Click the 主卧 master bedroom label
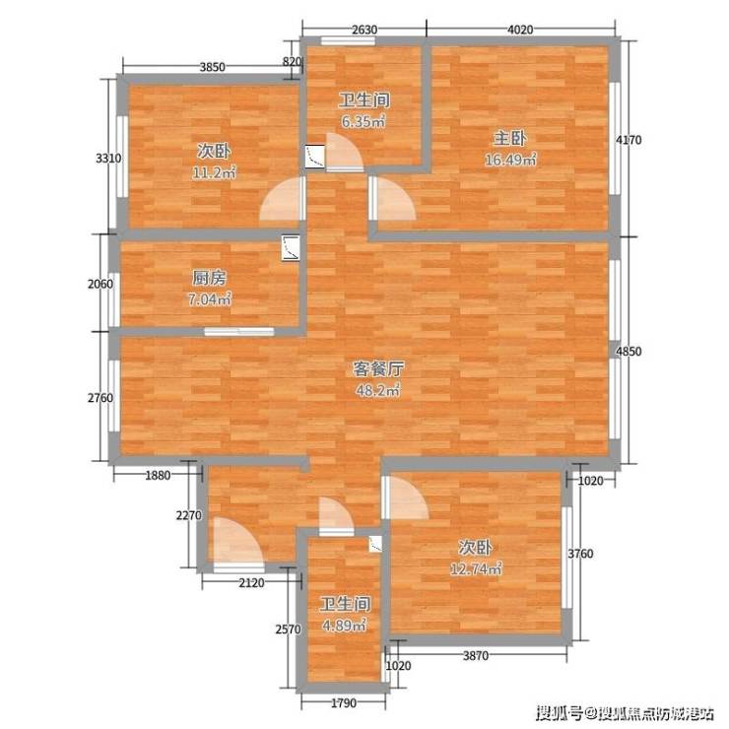[509, 139]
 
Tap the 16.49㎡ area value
[510, 160]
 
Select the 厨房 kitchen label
[209, 278]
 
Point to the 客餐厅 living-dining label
[378, 369]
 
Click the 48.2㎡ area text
[378, 390]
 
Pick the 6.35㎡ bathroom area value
[364, 122]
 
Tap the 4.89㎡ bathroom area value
[345, 626]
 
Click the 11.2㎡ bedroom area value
[214, 173]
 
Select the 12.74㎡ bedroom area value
[476, 569]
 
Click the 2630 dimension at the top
[364, 30]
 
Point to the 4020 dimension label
[520, 30]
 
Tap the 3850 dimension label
[213, 67]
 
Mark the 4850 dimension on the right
[629, 352]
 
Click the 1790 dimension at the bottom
[344, 703]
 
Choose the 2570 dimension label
[288, 630]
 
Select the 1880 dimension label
[158, 475]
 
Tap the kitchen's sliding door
[239, 331]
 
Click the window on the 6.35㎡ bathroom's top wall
[348, 41]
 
